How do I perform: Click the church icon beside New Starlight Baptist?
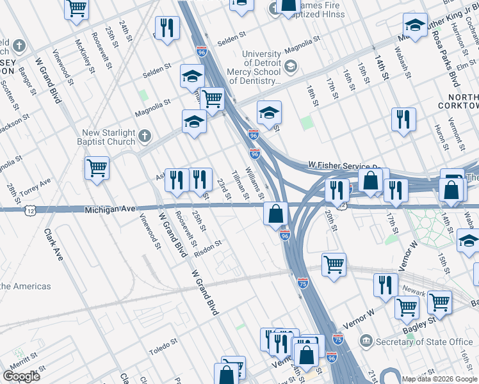pos(145,136)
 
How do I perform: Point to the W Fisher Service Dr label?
pos(346,165)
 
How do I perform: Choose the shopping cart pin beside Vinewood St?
pos(97,168)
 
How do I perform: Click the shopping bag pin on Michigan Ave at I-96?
pos(275,213)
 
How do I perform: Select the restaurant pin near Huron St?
pos(403,119)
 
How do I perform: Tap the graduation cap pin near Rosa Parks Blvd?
pos(415,26)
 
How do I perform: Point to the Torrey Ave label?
pos(37,186)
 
